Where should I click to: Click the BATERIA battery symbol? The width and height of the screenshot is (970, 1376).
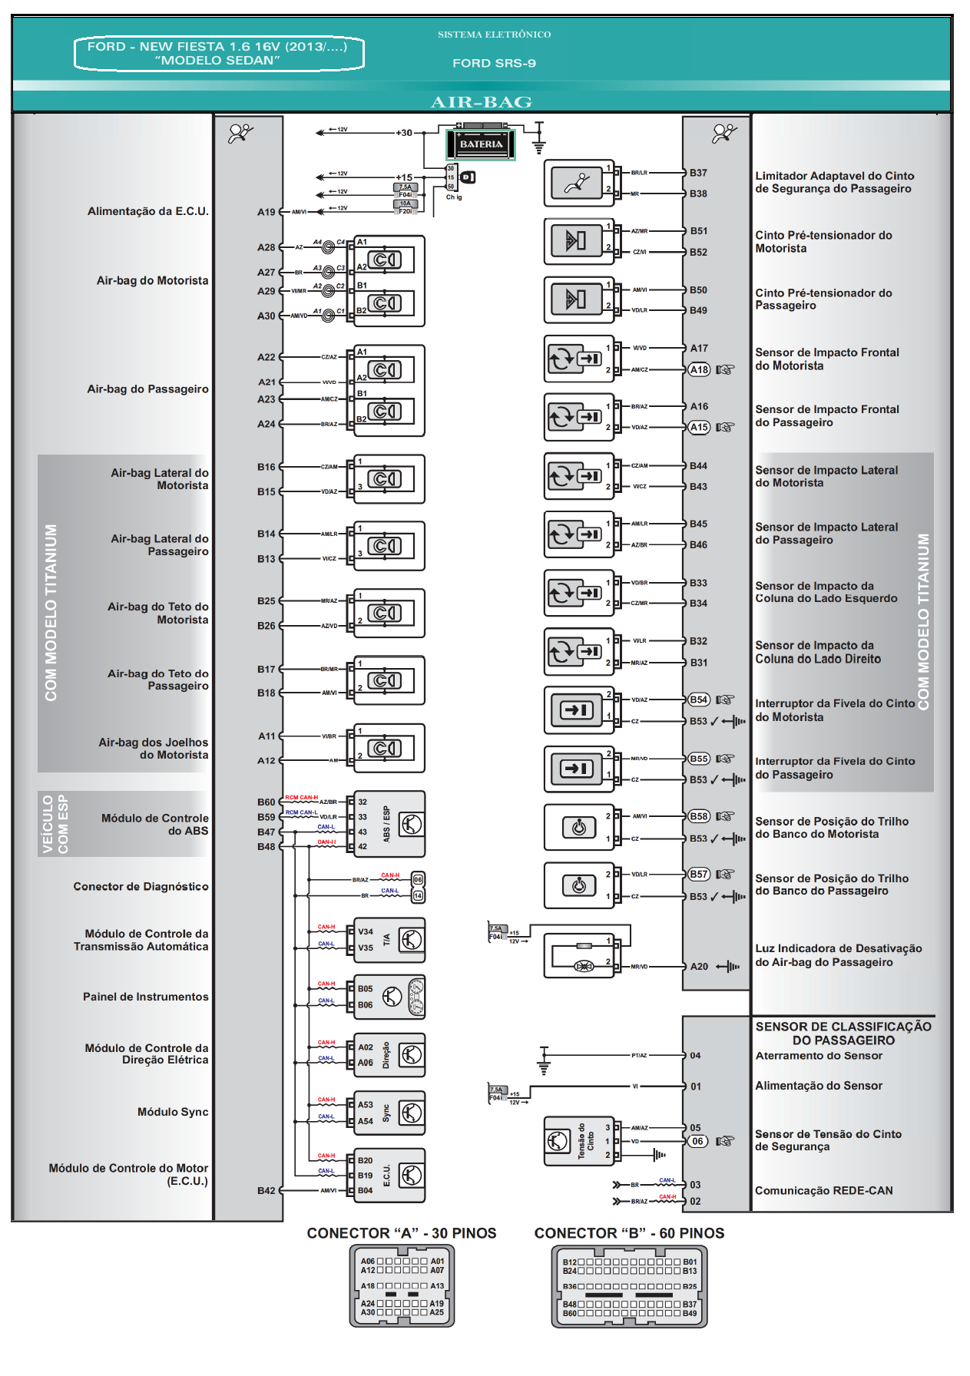coord(481,144)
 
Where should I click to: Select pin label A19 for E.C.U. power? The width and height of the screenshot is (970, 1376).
coord(266,212)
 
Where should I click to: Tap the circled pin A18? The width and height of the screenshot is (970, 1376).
coord(699,369)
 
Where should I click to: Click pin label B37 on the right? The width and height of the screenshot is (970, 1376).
coord(698,173)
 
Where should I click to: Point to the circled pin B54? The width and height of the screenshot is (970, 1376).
coord(699,700)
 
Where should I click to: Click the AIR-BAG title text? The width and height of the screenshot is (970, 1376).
coord(482,102)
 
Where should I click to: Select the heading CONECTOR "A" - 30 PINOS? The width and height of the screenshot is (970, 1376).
coord(402,1233)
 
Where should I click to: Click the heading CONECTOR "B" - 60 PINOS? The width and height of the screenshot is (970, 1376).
coord(629,1233)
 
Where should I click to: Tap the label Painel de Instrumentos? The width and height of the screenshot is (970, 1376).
coord(146,997)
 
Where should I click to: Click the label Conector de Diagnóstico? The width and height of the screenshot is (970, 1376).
coord(141,886)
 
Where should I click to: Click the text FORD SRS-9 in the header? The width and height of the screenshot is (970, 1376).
coord(494,64)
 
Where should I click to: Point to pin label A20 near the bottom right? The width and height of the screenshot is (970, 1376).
coord(699,967)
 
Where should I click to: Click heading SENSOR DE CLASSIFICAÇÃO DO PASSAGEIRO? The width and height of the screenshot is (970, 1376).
coord(843,1034)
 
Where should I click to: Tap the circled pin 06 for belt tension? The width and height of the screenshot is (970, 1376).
coord(697,1141)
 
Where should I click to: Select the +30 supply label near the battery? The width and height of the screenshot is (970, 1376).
coord(404,133)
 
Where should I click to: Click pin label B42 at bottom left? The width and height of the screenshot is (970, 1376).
coord(266,1191)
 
